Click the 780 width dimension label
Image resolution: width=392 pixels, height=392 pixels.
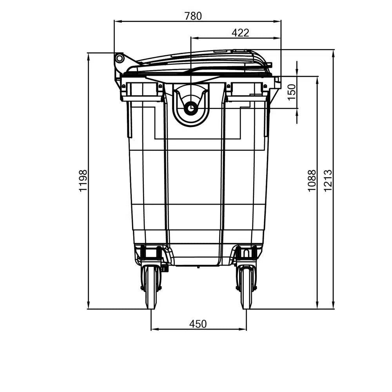(x=193, y=16)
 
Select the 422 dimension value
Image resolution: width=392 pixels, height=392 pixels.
(x=240, y=33)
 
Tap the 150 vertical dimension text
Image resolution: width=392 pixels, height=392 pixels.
(x=292, y=92)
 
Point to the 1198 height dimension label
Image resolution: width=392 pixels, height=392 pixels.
(x=83, y=180)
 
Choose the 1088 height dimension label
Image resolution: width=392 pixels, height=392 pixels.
(x=312, y=180)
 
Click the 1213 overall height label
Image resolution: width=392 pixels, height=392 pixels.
(x=328, y=180)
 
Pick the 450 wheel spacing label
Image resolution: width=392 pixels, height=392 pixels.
(x=198, y=324)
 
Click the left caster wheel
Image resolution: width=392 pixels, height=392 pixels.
(x=151, y=286)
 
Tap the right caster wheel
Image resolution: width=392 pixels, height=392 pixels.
(x=246, y=286)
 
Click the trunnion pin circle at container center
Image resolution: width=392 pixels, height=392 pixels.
(x=191, y=108)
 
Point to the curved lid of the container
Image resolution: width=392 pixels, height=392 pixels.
(x=204, y=61)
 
